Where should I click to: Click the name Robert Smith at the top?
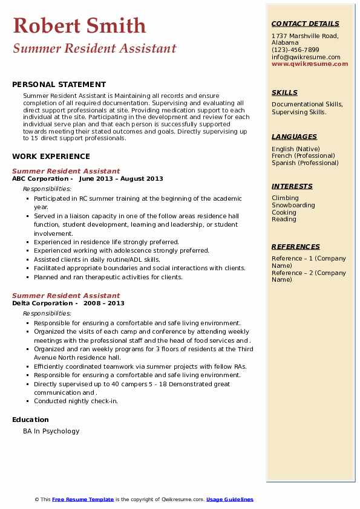[79, 25]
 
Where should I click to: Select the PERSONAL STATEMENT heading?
[59, 85]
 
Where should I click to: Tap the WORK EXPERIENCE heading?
[51, 156]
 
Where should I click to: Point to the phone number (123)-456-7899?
[295, 50]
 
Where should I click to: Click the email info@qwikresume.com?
[306, 57]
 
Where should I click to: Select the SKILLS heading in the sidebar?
[284, 92]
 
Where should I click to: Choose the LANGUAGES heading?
[294, 137]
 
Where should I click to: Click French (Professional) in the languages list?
[303, 156]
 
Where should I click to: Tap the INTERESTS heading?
[292, 186]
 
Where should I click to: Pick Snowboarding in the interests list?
[293, 205]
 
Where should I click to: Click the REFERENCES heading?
[296, 247]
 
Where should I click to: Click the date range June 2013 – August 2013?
[121, 179]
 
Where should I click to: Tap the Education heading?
[30, 420]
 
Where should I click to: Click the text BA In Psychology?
[51, 431]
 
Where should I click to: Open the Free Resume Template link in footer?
[83, 499]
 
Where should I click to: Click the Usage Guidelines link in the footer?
[230, 499]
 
